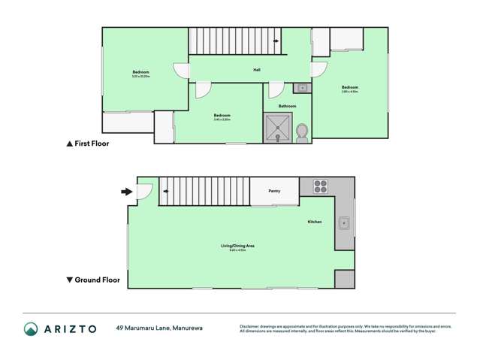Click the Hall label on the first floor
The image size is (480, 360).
pos(256,71)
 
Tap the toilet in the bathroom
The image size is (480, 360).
pos(303,133)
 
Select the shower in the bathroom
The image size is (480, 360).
pos(278,129)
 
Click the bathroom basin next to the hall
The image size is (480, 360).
pos(301,89)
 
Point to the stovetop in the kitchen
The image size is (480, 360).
pos(321,186)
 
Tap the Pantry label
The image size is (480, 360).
pos(274,191)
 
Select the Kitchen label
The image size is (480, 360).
pos(315,222)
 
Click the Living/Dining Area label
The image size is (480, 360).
pos(237,247)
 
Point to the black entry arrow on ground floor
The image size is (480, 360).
pos(126,192)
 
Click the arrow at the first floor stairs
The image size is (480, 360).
pos(276,41)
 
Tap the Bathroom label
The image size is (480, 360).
pos(287,107)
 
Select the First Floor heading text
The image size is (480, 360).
pos(92,143)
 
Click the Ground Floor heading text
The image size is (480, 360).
pos(97,280)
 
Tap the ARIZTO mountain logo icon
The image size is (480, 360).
pos(31,328)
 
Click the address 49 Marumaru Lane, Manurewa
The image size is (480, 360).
pos(158,328)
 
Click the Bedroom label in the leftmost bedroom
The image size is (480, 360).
pos(140,72)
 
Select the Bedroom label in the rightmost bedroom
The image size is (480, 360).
pos(349,87)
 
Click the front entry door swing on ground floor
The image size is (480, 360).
pos(144,192)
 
